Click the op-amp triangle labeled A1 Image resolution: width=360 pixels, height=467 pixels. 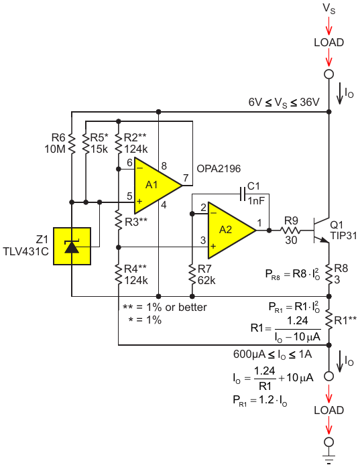click(x=155, y=186)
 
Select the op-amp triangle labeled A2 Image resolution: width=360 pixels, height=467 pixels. click(x=229, y=230)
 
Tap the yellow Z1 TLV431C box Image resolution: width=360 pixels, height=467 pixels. click(x=72, y=247)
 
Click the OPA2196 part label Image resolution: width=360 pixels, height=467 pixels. click(x=219, y=169)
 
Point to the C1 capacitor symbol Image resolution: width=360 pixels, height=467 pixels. click(x=243, y=194)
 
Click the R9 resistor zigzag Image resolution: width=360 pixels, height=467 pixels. click(x=290, y=230)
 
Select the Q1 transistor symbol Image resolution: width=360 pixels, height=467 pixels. click(x=320, y=230)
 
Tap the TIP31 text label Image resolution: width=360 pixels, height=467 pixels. click(x=343, y=236)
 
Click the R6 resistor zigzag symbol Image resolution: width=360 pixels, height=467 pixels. click(x=72, y=143)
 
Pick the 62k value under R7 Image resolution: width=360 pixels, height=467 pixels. click(x=206, y=281)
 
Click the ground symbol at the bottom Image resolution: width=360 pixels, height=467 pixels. click(x=328, y=459)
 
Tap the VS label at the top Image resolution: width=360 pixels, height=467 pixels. click(x=329, y=8)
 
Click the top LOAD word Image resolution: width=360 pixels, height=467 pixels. click(x=329, y=43)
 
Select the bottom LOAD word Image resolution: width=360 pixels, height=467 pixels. click(x=329, y=411)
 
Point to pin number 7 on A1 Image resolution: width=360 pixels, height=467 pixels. click(x=186, y=178)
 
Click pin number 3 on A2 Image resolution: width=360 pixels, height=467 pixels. click(x=203, y=240)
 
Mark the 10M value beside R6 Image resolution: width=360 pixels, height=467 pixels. click(x=55, y=149)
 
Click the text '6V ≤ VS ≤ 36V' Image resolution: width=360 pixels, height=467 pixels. click(x=284, y=103)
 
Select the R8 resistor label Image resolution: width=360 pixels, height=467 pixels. click(x=341, y=269)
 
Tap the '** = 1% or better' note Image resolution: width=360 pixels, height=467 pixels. click(x=165, y=308)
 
